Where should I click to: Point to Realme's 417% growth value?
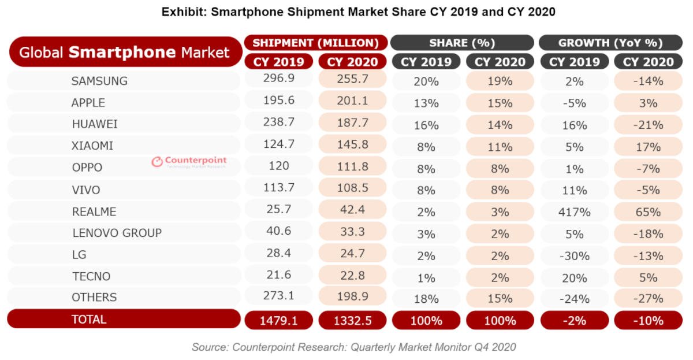pyautogui.click(x=574, y=212)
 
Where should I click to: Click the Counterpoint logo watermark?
pyautogui.click(x=189, y=162)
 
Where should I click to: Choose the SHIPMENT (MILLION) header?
pyautogui.click(x=315, y=43)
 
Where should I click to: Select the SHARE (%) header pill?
pyautogui.click(x=462, y=43)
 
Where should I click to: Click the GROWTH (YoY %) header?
pyautogui.click(x=610, y=43)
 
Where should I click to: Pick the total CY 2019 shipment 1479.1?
pyautogui.click(x=278, y=320)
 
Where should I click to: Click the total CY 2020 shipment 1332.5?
pyautogui.click(x=352, y=320)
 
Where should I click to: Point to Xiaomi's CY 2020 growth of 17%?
pyautogui.click(x=647, y=147)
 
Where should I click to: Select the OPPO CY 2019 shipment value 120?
pyautogui.click(x=278, y=166)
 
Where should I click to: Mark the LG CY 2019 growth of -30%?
pyautogui.click(x=574, y=255)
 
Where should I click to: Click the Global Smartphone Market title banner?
pyautogui.click(x=124, y=53)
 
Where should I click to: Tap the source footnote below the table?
pyautogui.click(x=353, y=347)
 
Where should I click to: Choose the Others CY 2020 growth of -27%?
pyautogui.click(x=647, y=299)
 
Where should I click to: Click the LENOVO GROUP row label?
pyautogui.click(x=117, y=233)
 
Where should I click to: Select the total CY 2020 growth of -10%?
pyautogui.click(x=647, y=320)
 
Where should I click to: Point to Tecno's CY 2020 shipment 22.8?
pyautogui.click(x=352, y=276)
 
